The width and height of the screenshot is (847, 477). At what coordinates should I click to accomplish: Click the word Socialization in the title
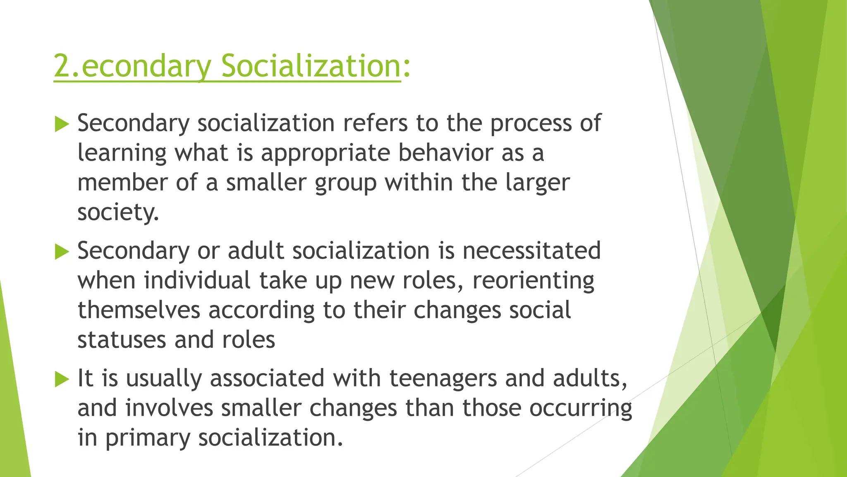coord(311,66)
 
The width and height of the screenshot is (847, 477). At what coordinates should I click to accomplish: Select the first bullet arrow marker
coord(61,124)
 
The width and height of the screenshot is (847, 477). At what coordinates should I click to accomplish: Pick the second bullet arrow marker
coord(61,252)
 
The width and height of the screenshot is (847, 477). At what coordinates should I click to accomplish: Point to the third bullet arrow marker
coord(61,379)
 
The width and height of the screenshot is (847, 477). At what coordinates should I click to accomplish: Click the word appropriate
coord(325,154)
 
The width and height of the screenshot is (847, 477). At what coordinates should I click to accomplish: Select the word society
coord(117,213)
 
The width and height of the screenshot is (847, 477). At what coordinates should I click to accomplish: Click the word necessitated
coord(531,251)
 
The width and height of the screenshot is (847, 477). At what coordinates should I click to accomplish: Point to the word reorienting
coord(534,281)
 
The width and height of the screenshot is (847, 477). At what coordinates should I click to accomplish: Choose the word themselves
coord(139,310)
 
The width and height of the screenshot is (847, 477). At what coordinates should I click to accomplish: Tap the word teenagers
coord(443,379)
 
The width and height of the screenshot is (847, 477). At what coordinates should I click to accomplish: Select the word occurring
coord(581,409)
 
